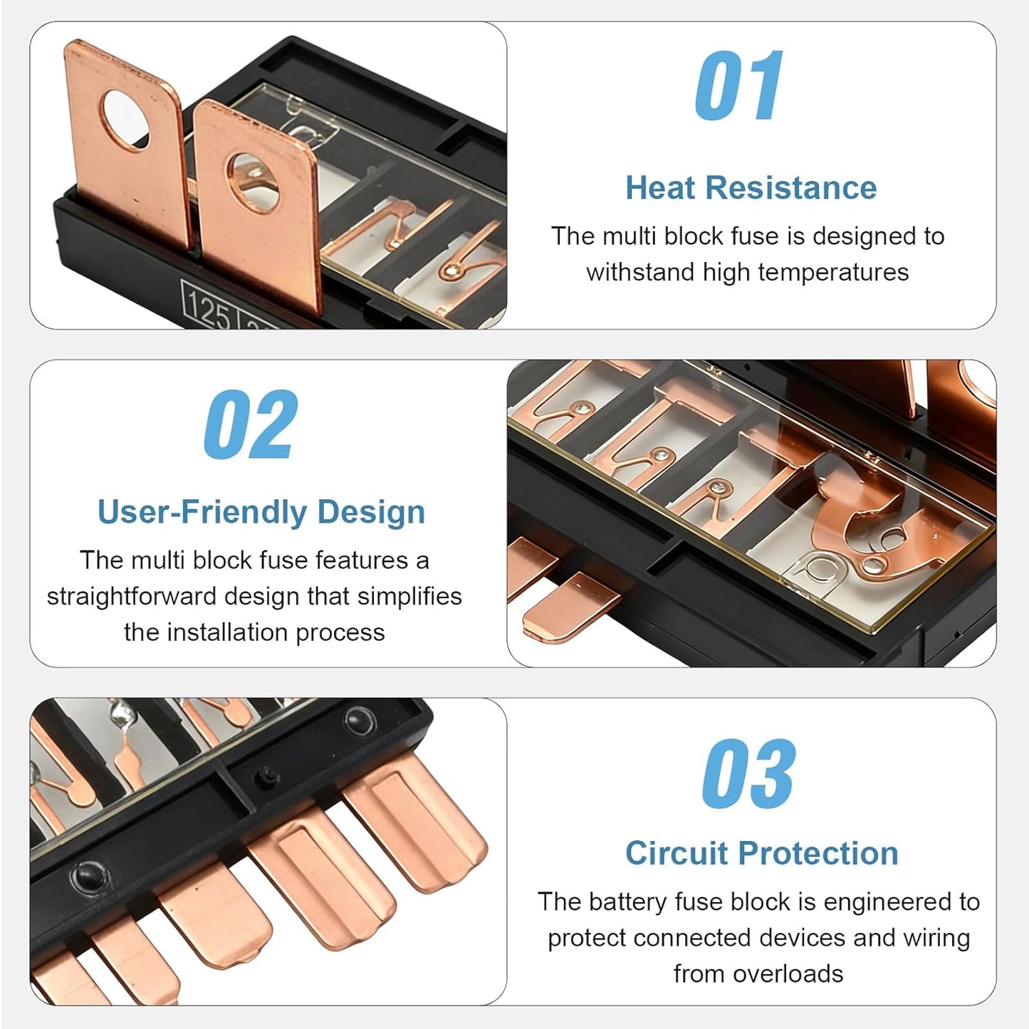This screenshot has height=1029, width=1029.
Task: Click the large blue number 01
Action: tap(738, 85)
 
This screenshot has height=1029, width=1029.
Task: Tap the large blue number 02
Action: tap(251, 424)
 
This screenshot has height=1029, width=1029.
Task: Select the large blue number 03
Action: tap(748, 774)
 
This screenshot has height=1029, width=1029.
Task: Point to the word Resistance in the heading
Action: tap(791, 188)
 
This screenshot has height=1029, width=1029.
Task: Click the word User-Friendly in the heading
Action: tap(202, 513)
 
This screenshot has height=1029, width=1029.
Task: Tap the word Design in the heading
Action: tap(371, 513)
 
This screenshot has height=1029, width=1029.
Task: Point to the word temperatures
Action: tap(833, 273)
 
